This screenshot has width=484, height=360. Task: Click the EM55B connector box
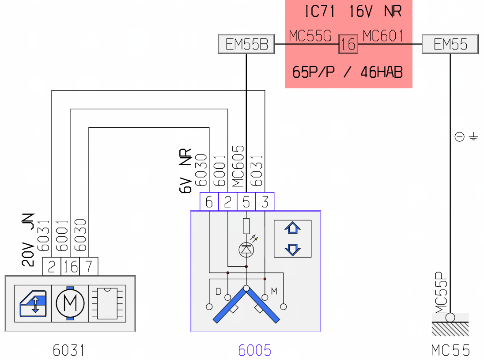click(246, 44)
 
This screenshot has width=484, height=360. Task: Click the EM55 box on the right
click(450, 44)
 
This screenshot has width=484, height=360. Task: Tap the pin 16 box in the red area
click(348, 44)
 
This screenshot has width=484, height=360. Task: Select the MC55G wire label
click(310, 36)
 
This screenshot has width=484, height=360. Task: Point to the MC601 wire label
click(383, 36)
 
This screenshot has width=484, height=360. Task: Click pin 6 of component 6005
click(209, 201)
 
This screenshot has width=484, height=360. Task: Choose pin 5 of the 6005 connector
click(246, 201)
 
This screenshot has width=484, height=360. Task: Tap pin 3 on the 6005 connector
click(265, 201)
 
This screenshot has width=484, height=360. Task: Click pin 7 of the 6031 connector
click(89, 266)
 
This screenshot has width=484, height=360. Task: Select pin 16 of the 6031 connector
click(70, 266)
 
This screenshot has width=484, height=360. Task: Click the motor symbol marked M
click(70, 303)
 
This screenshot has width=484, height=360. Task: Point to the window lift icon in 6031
click(33, 304)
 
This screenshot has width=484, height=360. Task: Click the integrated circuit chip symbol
click(107, 303)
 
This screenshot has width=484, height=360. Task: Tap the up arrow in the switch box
click(293, 228)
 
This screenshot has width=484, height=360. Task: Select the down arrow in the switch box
click(293, 250)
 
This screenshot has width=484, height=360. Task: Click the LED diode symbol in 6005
click(246, 250)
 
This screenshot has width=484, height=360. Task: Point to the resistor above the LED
click(246, 226)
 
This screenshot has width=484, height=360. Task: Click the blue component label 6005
click(255, 350)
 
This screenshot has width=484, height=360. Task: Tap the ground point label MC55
click(450, 350)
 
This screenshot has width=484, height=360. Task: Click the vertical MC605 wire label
click(238, 166)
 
